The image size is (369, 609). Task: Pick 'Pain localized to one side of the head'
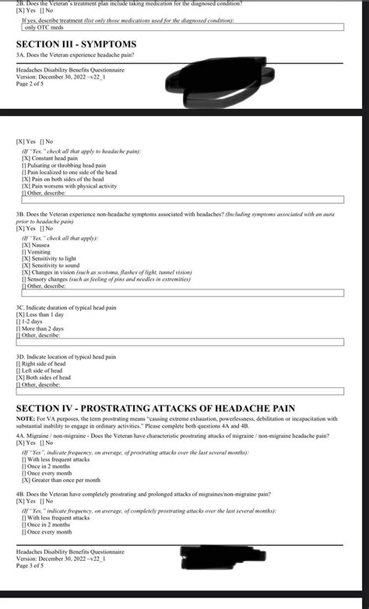[x=69, y=172]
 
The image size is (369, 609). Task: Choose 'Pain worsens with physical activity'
[x=69, y=186]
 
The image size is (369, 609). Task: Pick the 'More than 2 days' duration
[x=44, y=328]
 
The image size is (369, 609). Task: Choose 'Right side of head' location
[x=44, y=363]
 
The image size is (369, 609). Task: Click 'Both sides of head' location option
[x=47, y=377]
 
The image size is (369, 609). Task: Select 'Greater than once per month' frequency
[x=61, y=480]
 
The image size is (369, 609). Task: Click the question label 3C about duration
[x=65, y=307]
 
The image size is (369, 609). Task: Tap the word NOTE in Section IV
[x=25, y=418]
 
